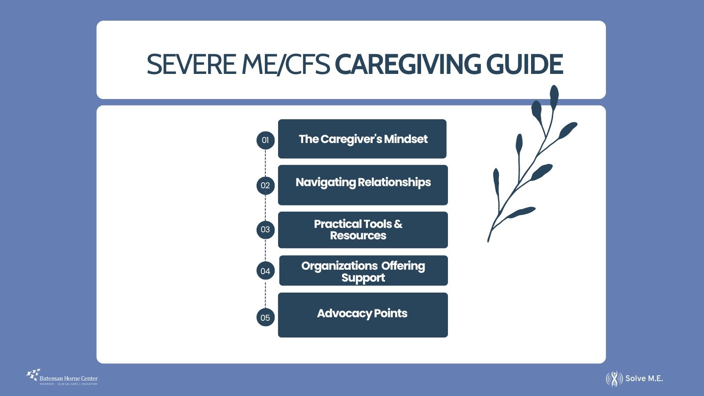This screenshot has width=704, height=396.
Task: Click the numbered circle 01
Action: [265, 140]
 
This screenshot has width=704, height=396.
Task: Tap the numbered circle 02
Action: [265, 185]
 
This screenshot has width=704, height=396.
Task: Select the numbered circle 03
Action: [265, 229]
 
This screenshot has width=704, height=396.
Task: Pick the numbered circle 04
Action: [265, 271]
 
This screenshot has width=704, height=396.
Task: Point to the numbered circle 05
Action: [265, 318]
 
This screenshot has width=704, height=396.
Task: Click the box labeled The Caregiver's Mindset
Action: [362, 139]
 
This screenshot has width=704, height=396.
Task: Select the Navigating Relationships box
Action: [363, 185]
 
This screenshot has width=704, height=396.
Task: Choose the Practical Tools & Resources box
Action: [363, 230]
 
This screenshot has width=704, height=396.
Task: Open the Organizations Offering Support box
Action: [363, 271]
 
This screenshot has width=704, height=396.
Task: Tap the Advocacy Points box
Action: [363, 315]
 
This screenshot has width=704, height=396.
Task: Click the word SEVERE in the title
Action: [191, 65]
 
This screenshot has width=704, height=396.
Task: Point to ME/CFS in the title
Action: [286, 65]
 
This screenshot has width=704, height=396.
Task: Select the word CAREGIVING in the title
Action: [407, 65]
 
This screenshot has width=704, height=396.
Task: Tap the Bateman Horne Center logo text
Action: [69, 378]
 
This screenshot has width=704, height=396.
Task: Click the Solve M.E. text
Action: [644, 378]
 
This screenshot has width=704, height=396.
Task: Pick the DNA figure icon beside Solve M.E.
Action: [614, 379]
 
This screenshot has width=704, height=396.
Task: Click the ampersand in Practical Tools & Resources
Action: [398, 224]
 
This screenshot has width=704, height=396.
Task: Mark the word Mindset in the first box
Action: [406, 139]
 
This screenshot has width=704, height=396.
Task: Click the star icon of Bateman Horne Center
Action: [33, 375]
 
